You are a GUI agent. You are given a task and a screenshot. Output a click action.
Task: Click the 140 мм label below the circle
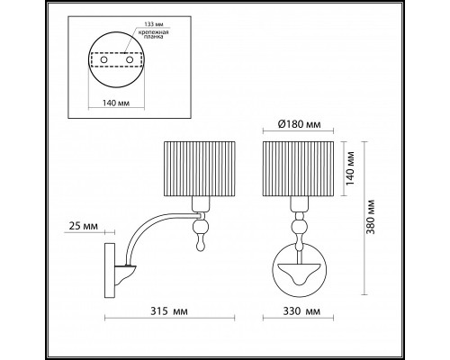[109, 102]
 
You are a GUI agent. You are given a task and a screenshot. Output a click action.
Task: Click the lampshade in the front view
[298, 168]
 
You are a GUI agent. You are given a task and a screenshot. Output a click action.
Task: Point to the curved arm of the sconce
[144, 233]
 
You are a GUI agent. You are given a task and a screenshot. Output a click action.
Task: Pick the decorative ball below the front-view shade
[297, 226]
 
